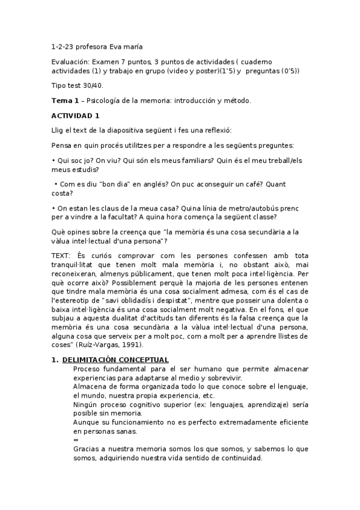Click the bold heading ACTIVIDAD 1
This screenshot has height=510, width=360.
pyautogui.click(x=76, y=115)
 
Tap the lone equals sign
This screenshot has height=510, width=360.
pyautogui.click(x=76, y=440)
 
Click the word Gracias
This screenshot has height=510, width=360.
pyautogui.click(x=88, y=449)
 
